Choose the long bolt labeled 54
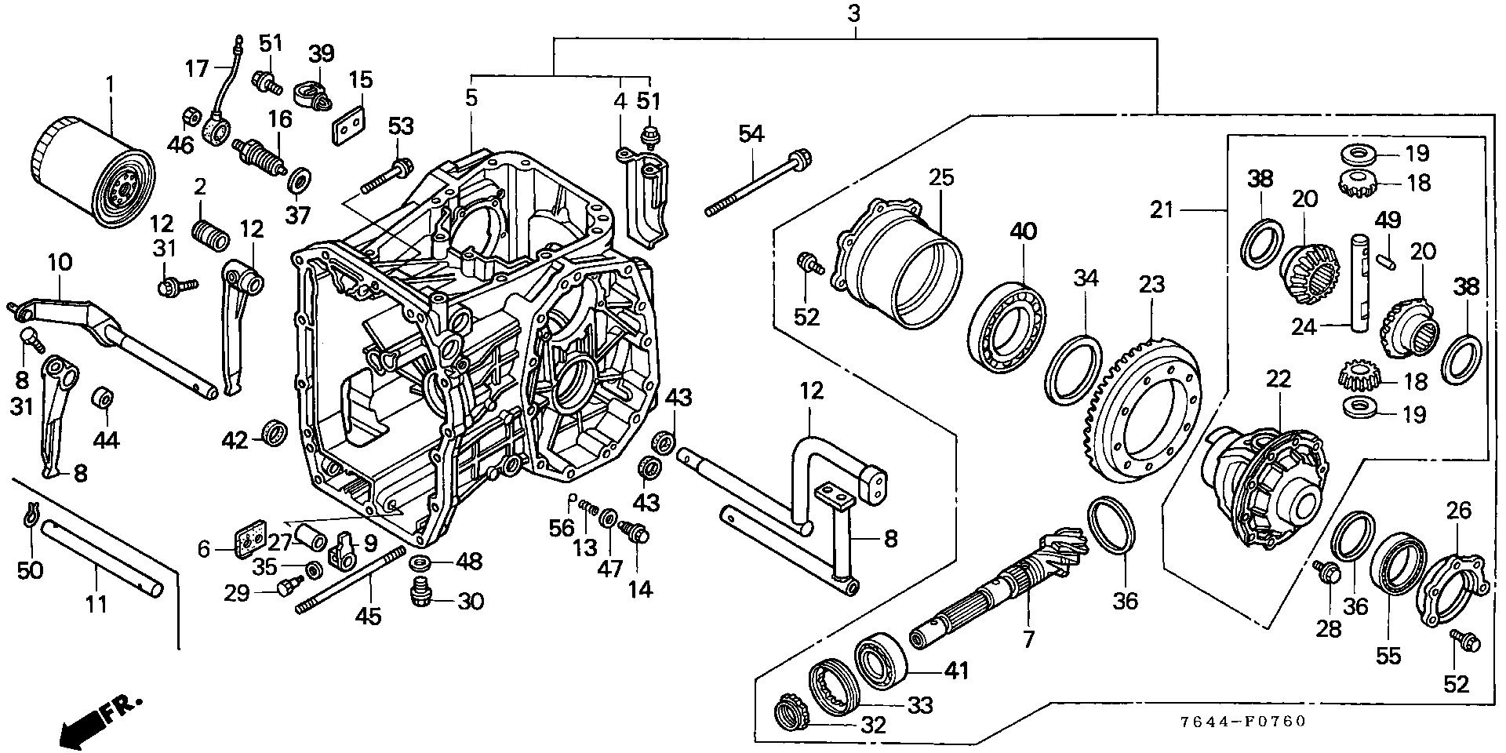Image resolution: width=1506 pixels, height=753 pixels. coord(757,183)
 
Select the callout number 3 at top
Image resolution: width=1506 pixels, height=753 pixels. coord(854,13)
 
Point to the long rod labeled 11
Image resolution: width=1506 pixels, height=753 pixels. coord(102,556)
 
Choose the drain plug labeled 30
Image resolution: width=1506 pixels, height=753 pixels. coord(422,593)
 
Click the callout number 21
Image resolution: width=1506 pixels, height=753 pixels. coord(1163,210)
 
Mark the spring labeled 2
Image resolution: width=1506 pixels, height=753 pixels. coord(210,234)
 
